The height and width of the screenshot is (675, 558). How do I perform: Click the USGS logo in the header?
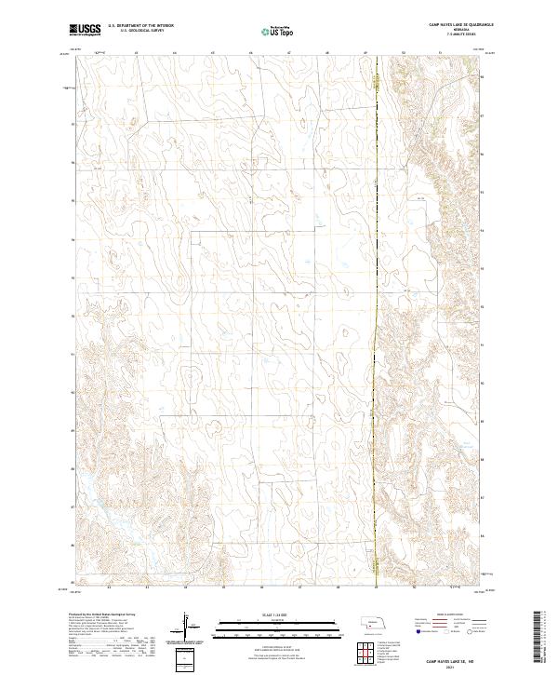point(85,31)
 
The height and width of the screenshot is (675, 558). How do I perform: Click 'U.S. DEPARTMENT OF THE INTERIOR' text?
point(140,26)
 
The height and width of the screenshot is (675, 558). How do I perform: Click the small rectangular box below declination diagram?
point(186,658)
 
